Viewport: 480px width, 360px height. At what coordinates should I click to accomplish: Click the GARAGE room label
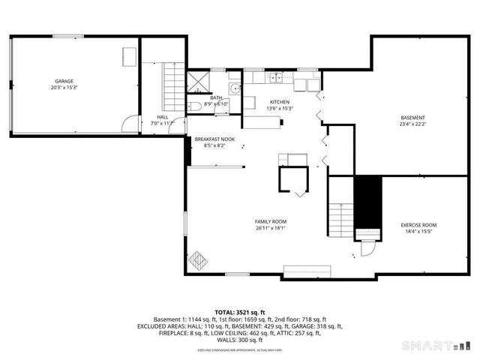tap(62, 80)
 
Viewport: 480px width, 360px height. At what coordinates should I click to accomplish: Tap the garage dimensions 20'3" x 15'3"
tap(62, 87)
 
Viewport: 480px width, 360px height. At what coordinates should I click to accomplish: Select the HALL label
tap(163, 117)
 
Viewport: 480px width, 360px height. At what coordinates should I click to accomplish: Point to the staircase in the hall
tap(172, 83)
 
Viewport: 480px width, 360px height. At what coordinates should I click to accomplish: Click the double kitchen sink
tap(276, 76)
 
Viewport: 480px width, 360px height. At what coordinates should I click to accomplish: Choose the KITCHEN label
tap(279, 102)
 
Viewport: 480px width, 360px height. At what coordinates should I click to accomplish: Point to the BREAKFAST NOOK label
tap(214, 139)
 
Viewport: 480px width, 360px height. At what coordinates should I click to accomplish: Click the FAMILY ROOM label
tap(271, 222)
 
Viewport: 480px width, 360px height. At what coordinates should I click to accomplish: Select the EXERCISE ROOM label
tap(418, 226)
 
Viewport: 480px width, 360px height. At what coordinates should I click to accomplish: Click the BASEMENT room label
tap(412, 118)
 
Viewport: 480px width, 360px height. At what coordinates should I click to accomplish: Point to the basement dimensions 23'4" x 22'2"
tap(412, 124)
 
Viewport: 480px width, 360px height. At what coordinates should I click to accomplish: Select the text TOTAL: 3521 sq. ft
tap(240, 312)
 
